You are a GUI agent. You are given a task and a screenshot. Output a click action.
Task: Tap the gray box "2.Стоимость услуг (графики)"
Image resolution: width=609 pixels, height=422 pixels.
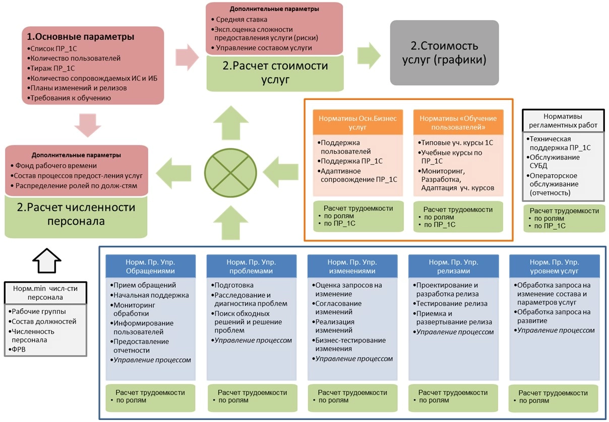pos(444,52)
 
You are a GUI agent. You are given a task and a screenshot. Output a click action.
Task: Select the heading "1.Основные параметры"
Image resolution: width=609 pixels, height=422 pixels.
pos(81,37)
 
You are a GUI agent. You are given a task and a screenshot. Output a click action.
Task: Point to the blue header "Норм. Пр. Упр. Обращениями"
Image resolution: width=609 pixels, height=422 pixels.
pos(150,266)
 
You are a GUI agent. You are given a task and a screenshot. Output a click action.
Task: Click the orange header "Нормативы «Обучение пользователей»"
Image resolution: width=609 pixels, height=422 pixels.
pos(458,122)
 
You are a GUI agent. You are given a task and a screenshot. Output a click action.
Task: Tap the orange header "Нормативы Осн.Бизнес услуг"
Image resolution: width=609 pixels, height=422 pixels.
pos(358,122)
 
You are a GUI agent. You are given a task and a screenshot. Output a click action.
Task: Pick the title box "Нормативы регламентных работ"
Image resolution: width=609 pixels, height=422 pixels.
pos(563,121)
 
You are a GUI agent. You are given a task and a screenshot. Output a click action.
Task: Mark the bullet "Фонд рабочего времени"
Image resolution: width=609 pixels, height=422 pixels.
pos(56,166)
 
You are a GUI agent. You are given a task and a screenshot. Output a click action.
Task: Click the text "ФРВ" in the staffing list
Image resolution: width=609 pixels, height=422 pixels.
pos(19,349)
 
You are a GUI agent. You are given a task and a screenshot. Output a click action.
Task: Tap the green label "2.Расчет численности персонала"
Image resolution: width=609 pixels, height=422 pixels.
pos(76,214)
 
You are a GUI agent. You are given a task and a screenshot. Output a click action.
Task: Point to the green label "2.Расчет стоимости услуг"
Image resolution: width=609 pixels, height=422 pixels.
pos(275,72)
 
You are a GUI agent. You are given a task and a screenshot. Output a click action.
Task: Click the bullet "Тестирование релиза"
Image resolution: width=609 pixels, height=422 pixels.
pos(452,303)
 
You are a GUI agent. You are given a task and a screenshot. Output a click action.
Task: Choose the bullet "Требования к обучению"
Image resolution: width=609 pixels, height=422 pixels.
pos(71,98)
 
